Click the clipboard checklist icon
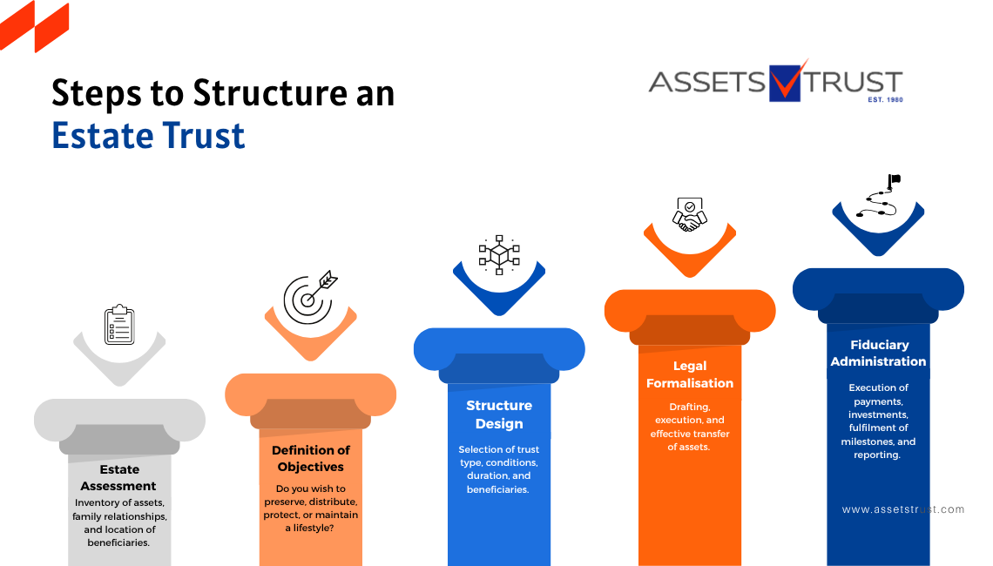click(119, 325)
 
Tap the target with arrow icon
click(310, 298)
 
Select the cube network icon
click(499, 254)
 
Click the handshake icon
click(690, 214)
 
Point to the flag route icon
click(879, 196)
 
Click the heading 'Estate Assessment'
click(118, 477)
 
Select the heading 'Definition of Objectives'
click(311, 458)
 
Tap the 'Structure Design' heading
click(499, 414)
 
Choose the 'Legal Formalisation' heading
click(690, 374)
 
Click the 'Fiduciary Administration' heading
click(878, 353)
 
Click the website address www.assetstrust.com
click(903, 509)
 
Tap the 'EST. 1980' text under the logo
click(885, 99)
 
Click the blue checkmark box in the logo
click(785, 83)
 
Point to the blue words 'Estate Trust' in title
click(148, 136)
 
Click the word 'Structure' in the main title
click(270, 93)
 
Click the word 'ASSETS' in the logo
click(707, 83)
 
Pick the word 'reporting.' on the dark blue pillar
click(877, 455)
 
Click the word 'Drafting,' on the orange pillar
click(690, 407)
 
